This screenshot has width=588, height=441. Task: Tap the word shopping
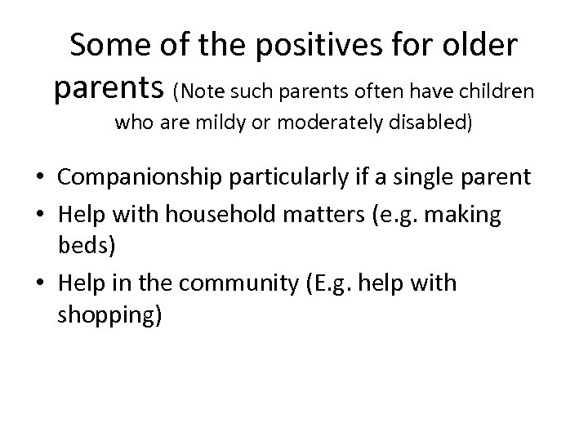pos(108,315)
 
